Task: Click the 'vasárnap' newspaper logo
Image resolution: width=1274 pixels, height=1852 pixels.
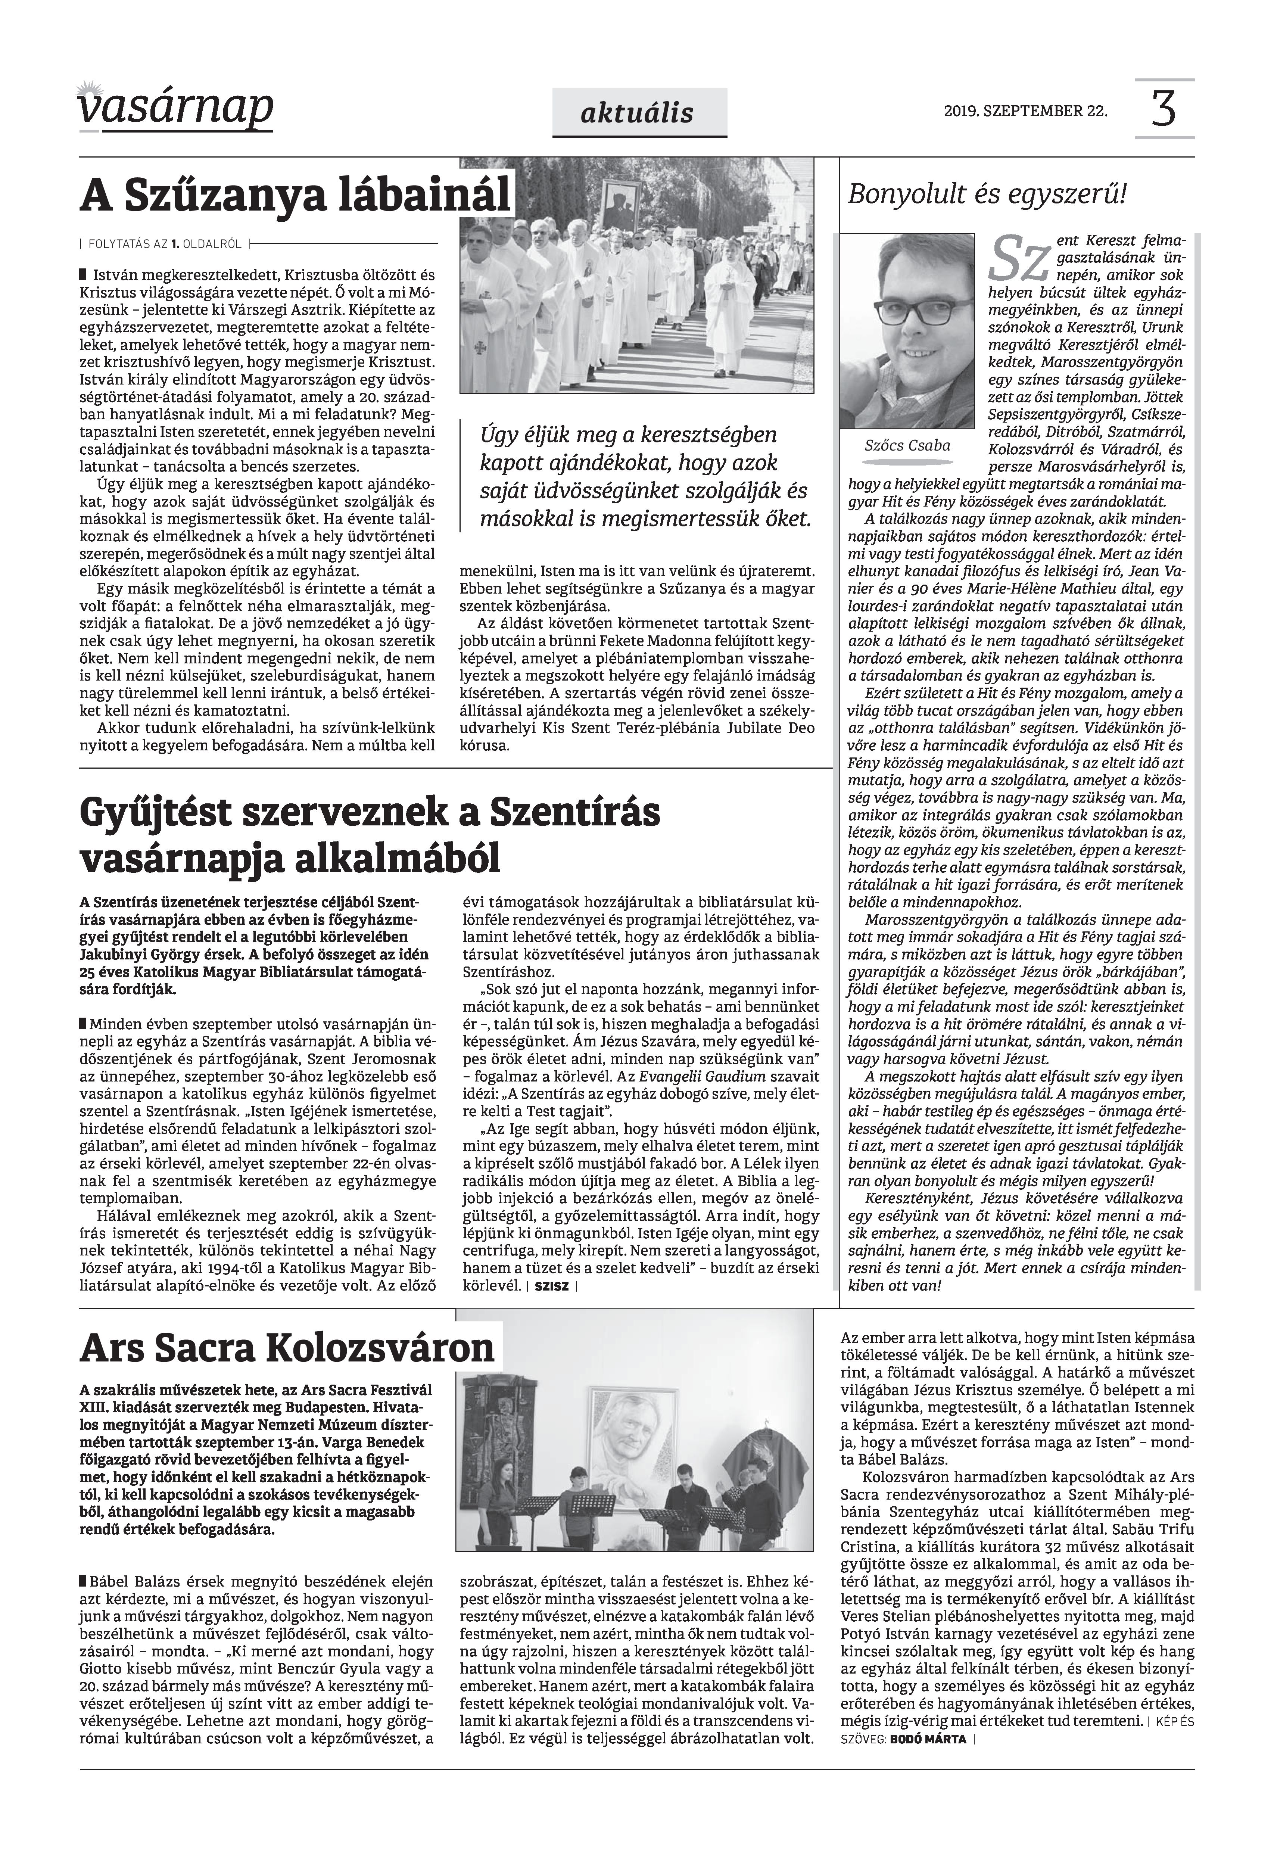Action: point(175,108)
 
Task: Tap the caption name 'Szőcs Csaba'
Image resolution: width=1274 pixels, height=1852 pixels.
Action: point(907,445)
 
